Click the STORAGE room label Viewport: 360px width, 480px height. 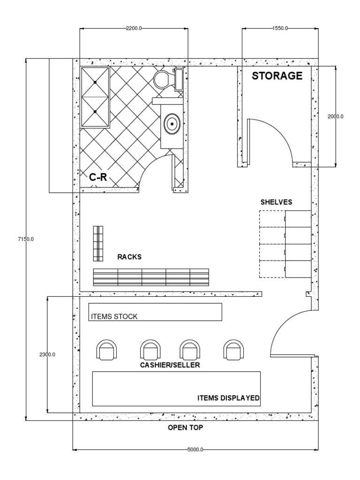(x=277, y=75)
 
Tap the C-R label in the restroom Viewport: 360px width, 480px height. (x=98, y=177)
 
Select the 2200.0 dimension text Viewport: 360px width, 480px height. (x=134, y=29)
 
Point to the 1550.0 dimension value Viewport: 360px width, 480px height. (x=280, y=29)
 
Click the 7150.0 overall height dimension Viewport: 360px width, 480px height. (x=26, y=239)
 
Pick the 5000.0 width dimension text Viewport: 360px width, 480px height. (x=195, y=450)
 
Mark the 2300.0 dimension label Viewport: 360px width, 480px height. (x=47, y=354)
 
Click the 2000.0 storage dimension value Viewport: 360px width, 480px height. (x=336, y=116)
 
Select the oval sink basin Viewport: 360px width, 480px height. (x=172, y=124)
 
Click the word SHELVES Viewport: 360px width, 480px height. (x=277, y=202)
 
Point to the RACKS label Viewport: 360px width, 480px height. (x=129, y=257)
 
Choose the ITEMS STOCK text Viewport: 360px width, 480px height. (x=114, y=316)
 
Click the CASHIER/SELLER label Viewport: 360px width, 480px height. (x=170, y=365)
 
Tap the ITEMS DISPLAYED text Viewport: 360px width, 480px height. (x=228, y=398)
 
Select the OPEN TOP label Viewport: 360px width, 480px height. (x=186, y=427)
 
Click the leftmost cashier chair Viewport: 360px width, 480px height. (x=107, y=349)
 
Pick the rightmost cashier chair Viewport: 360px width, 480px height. (x=234, y=349)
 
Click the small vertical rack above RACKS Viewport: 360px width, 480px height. (x=98, y=244)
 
